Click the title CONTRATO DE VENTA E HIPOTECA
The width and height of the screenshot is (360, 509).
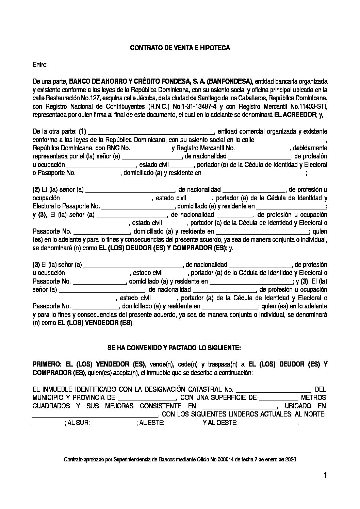(x=180, y=48)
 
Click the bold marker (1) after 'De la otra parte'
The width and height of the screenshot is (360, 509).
(x=82, y=131)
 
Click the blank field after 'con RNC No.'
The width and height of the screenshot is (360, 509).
(x=150, y=149)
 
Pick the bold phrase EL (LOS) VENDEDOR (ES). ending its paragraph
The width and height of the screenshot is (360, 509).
(x=96, y=323)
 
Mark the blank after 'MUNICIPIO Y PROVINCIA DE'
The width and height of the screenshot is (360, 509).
(x=146, y=398)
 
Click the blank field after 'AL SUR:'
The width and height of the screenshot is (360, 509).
(x=114, y=423)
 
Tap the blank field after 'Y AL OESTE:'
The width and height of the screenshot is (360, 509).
(x=268, y=423)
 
